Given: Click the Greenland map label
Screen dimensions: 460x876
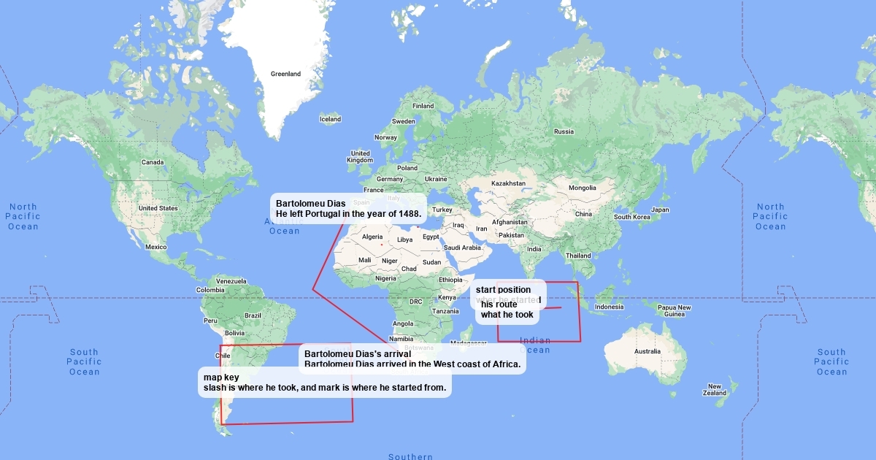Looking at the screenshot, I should tap(285, 74).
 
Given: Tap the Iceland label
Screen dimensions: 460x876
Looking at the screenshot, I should tap(330, 119).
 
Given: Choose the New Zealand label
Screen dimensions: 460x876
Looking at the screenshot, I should tap(715, 390).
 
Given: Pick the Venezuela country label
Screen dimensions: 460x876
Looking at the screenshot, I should tap(231, 281).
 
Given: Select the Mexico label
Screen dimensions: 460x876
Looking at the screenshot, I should tap(155, 247).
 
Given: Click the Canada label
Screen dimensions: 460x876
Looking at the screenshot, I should tap(153, 162).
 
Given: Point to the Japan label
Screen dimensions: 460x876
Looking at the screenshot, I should tap(660, 210).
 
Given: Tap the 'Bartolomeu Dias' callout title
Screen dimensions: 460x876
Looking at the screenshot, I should tap(301, 202).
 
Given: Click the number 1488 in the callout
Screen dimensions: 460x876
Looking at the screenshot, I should tap(408, 214).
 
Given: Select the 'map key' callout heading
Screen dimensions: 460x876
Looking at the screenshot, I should tap(221, 377).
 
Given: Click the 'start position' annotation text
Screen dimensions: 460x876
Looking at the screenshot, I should tap(503, 290).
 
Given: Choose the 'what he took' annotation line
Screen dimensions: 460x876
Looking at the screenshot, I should tap(507, 315).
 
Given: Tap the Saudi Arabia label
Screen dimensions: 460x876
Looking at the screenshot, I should tap(462, 248).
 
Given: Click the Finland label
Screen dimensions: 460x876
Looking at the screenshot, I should tap(423, 106).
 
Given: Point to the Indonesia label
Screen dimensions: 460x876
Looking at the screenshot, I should tap(610, 307).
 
